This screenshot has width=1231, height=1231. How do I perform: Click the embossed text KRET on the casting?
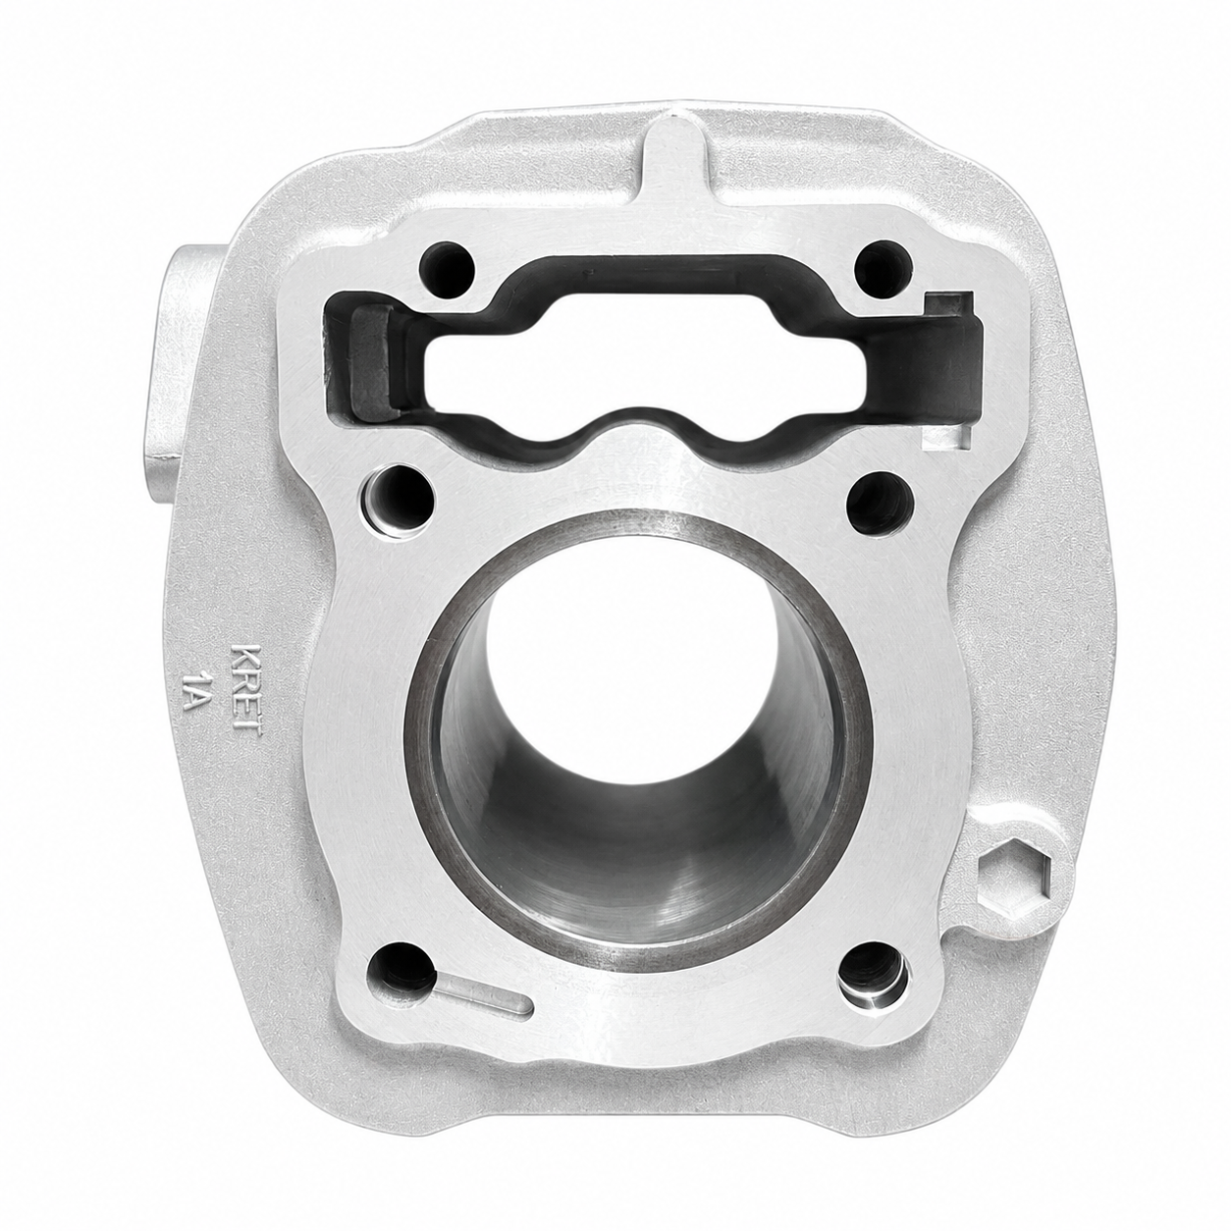coord(247,691)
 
